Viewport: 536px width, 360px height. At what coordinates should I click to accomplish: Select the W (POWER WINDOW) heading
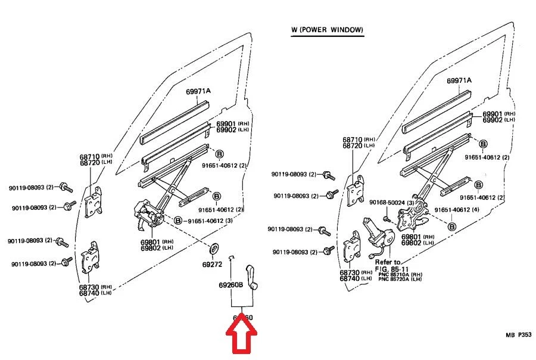click(327, 30)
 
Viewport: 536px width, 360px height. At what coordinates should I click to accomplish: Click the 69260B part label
click(230, 285)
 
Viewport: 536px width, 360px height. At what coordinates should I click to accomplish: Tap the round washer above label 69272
click(213, 247)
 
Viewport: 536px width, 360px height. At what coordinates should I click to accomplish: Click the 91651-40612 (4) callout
click(459, 210)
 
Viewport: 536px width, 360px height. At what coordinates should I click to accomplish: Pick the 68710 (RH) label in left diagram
click(94, 157)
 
